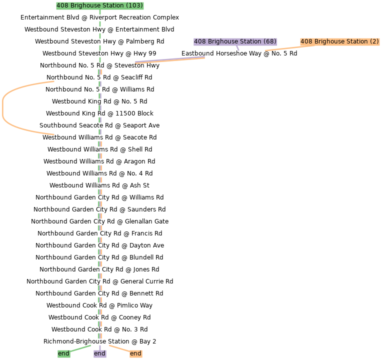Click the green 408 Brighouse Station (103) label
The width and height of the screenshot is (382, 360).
click(100, 6)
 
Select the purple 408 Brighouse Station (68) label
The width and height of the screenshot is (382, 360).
click(235, 41)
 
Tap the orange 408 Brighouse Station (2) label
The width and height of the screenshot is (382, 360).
click(339, 41)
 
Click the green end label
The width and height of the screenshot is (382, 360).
click(63, 353)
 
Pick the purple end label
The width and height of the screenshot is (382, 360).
click(99, 353)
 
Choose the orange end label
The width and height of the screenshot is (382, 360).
click(135, 353)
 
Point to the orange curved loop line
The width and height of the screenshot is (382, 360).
click(3, 108)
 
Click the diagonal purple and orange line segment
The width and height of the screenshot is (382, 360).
click(170, 60)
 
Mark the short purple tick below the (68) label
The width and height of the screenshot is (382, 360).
click(238, 48)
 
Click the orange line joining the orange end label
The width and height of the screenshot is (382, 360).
click(119, 348)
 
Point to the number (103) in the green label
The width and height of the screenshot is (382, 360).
click(134, 6)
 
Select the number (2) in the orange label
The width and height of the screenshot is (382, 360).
click(374, 41)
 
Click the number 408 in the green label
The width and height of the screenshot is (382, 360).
click(62, 6)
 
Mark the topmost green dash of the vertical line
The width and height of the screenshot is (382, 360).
click(100, 12)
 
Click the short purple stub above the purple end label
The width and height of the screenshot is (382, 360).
click(100, 347)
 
